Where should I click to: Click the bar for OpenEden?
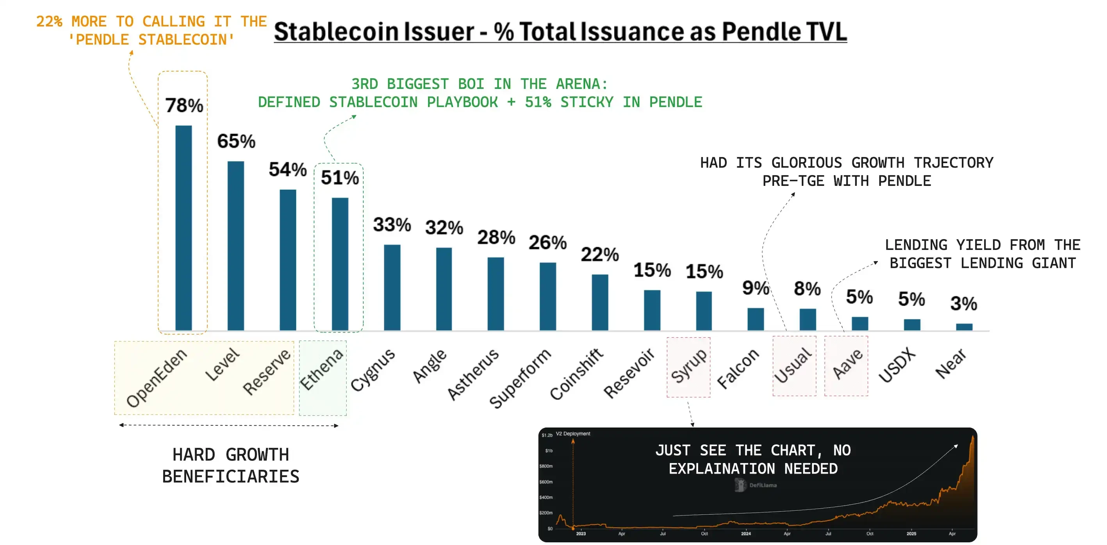pos(184,228)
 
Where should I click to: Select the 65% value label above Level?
pos(236,141)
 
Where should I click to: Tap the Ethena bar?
pos(340,264)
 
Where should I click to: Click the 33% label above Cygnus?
pos(392,224)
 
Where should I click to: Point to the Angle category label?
pos(429,366)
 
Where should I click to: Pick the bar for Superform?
pos(547,296)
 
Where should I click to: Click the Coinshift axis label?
pos(576,374)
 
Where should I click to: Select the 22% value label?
pos(599,254)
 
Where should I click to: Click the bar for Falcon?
pos(756,319)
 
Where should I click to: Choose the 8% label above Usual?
pos(807,289)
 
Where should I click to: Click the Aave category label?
pos(847,365)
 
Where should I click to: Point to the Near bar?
pos(964,327)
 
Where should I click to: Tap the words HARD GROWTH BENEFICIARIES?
pos(231,465)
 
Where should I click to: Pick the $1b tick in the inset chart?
pos(549,451)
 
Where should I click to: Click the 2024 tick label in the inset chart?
pos(745,533)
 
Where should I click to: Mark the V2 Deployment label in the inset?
pos(573,434)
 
